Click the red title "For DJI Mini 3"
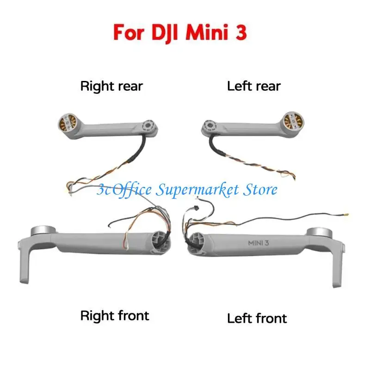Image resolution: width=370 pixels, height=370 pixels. tap(180, 32)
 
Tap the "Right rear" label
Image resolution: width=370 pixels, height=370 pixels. tap(111, 86)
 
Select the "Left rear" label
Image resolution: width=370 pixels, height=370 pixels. tap(254, 86)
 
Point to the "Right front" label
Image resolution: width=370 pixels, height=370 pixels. tap(115, 316)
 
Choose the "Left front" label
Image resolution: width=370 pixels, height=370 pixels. tap(257, 318)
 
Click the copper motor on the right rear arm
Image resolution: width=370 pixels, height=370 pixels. tap(68, 122)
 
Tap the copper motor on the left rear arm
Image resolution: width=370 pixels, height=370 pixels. tap(293, 122)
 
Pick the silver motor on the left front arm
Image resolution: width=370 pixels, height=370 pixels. tap(320, 233)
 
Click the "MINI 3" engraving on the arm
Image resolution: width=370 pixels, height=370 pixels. tap(259, 243)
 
